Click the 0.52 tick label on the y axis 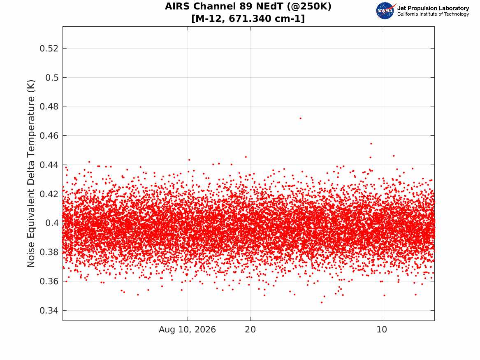49,49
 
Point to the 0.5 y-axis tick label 52,77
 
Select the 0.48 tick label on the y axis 49,107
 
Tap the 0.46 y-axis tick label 49,136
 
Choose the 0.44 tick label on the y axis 49,165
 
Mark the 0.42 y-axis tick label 49,194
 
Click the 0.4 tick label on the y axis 52,223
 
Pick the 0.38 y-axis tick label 49,252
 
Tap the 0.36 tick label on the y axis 49,281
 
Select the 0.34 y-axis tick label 49,311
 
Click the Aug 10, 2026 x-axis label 187,330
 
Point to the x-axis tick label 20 250,330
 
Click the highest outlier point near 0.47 301,118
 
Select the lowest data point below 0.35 322,302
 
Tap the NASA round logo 385,11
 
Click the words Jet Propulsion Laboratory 433,8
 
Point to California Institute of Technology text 433,14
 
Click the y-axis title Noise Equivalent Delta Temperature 31,174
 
